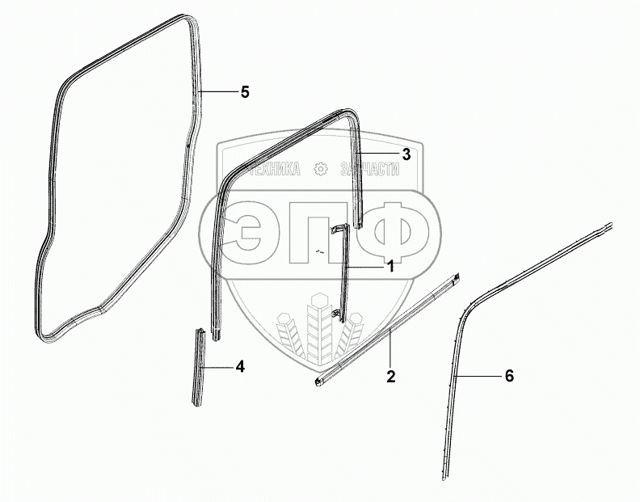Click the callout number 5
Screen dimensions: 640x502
click(x=245, y=92)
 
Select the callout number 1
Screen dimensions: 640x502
click(x=389, y=265)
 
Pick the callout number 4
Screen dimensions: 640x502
click(x=239, y=366)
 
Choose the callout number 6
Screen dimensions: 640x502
click(x=508, y=376)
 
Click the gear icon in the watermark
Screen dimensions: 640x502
click(x=320, y=170)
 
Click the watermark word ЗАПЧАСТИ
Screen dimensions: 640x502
click(x=372, y=170)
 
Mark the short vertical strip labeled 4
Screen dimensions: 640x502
click(x=197, y=369)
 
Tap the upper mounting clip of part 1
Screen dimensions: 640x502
click(x=339, y=230)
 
